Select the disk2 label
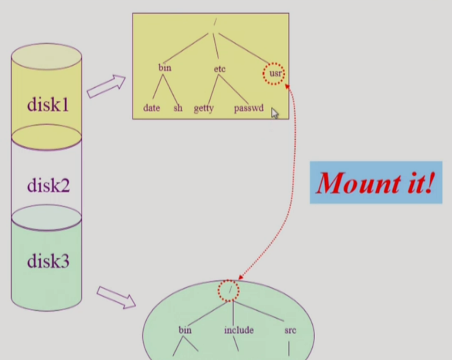(x=48, y=185)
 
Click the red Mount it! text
(x=375, y=183)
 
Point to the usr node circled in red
(x=275, y=74)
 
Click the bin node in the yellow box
(x=165, y=68)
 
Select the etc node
(x=220, y=69)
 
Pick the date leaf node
(x=151, y=108)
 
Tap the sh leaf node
(x=177, y=108)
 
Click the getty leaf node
(x=204, y=108)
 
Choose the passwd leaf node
(x=248, y=108)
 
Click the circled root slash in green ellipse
(x=229, y=290)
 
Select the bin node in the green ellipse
(x=185, y=330)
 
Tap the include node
(x=239, y=330)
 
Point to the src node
(x=290, y=330)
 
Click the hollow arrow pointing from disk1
(x=106, y=87)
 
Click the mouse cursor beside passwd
(x=275, y=113)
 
